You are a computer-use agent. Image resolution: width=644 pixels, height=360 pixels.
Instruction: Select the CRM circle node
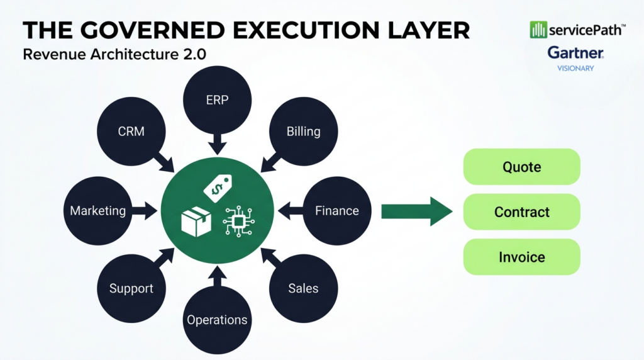tap(131, 132)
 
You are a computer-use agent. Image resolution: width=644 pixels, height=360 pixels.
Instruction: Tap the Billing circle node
tap(303, 132)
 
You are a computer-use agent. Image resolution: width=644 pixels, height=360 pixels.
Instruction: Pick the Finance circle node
tap(336, 211)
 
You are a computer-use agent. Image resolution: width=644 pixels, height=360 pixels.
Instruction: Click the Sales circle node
tap(303, 288)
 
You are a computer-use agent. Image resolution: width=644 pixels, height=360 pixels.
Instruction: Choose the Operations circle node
tap(217, 320)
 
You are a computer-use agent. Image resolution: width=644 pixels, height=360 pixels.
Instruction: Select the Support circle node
tap(131, 288)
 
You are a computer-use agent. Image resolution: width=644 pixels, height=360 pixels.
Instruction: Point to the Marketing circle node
tap(97, 211)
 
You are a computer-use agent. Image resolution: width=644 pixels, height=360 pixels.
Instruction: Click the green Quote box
tap(521, 167)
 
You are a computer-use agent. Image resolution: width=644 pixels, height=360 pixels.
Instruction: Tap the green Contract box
tap(521, 212)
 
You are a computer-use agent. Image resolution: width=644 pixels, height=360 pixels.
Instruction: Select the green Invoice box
tap(521, 257)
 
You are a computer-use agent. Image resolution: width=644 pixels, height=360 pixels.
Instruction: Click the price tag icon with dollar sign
tap(219, 185)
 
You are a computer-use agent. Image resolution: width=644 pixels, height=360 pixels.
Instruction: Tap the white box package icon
tap(196, 222)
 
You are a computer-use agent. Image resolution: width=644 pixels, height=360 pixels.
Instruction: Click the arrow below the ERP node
tap(217, 144)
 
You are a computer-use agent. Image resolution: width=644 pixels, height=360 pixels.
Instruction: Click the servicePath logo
tap(577, 29)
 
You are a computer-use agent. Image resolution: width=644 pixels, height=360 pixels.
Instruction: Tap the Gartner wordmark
tap(575, 53)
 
